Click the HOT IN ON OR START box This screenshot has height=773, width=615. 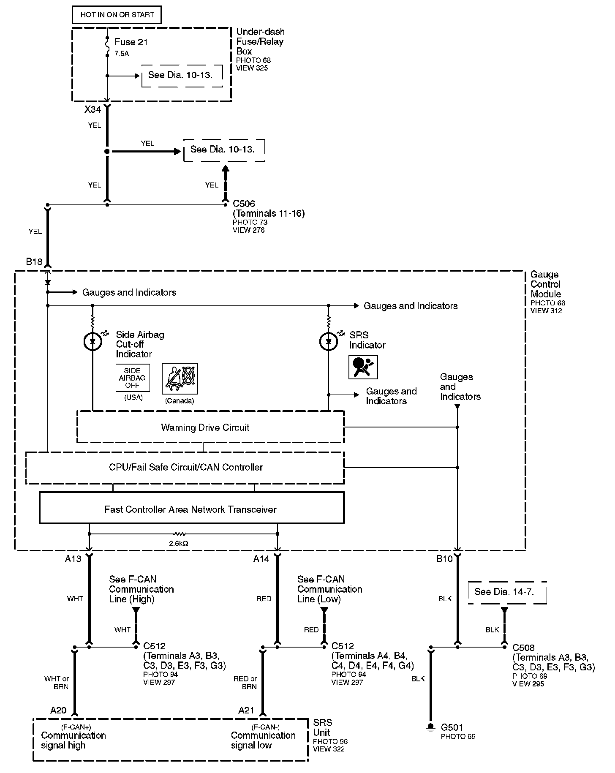coord(117,15)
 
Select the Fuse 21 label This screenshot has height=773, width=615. coord(131,42)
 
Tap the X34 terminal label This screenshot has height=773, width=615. coord(93,110)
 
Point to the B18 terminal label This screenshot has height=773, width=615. coord(34,262)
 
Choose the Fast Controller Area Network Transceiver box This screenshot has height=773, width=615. coord(191,509)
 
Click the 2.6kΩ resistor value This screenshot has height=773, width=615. coord(179,544)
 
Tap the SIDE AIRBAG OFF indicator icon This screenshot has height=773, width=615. coord(132,378)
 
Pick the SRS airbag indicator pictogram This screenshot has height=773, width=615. coord(363,367)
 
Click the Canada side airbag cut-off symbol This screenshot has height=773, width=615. coord(180,378)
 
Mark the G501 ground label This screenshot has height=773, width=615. coord(452,727)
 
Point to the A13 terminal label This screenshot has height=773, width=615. coord(73,559)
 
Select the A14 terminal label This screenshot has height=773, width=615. coord(261,559)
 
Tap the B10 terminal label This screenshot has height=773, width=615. coord(444,559)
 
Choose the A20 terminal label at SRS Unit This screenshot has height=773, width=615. coord(58,710)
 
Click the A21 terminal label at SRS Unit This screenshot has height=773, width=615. coord(246,710)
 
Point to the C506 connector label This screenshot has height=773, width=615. coord(244,204)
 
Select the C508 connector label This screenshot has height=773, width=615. coord(523,648)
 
